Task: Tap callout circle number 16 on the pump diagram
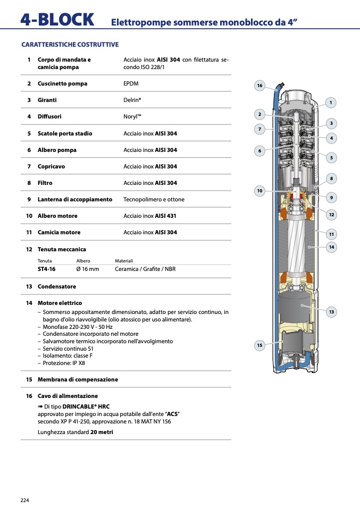pyautogui.click(x=259, y=86)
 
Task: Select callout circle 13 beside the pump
pyautogui.click(x=331, y=312)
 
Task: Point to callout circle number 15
pyautogui.click(x=259, y=345)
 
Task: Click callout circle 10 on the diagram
pyautogui.click(x=259, y=190)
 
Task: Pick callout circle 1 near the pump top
pyautogui.click(x=331, y=103)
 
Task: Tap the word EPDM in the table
pyautogui.click(x=131, y=84)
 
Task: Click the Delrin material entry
pyautogui.click(x=132, y=100)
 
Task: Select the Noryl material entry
pyautogui.click(x=132, y=116)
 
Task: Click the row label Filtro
pyautogui.click(x=45, y=183)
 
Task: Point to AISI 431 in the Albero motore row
pyautogui.click(x=166, y=216)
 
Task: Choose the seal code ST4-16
pyautogui.click(x=46, y=269)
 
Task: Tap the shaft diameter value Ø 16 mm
pyautogui.click(x=88, y=269)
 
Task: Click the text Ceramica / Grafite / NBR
pyautogui.click(x=145, y=269)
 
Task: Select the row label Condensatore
pyautogui.click(x=56, y=286)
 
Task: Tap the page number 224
pyautogui.click(x=24, y=500)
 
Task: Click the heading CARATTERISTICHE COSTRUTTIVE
pyautogui.click(x=70, y=45)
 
